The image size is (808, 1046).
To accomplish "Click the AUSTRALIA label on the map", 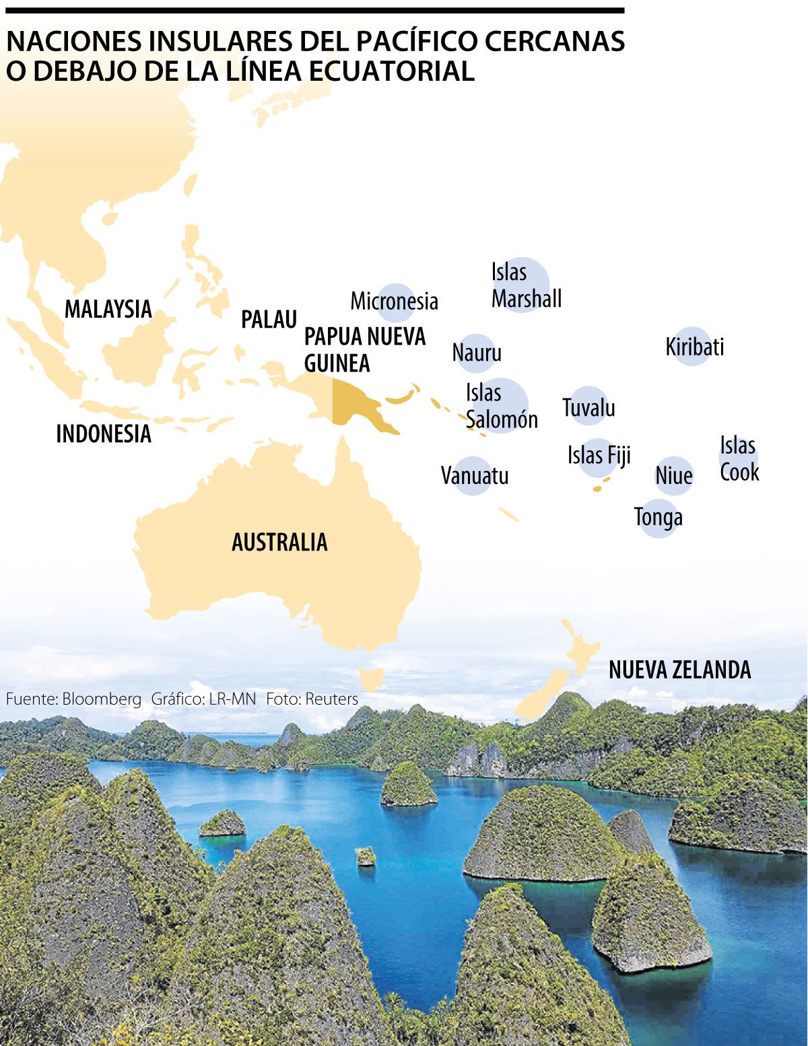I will click(279, 542).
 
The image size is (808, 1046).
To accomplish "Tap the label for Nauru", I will click(477, 353).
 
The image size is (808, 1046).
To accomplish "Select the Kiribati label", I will click(694, 347).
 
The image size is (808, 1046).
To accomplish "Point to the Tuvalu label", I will click(588, 407).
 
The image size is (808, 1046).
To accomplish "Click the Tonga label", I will click(659, 517).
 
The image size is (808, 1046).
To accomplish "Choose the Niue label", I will click(673, 476).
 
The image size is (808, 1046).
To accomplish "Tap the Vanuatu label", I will click(474, 476).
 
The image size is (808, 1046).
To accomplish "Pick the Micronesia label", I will click(394, 301).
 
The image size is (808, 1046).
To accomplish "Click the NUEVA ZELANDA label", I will click(679, 670).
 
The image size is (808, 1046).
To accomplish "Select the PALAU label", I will click(269, 319).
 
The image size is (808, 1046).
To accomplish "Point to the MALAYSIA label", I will click(108, 309).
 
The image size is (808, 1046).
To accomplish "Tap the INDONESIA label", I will click(104, 434).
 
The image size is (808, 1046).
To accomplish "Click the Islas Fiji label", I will click(599, 456).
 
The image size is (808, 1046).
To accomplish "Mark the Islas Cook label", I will click(739, 458).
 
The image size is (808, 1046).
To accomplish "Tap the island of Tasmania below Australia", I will click(371, 678).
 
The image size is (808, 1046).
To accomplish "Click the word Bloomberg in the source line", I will click(102, 699).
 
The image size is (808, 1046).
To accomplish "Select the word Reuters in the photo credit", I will click(331, 699).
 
